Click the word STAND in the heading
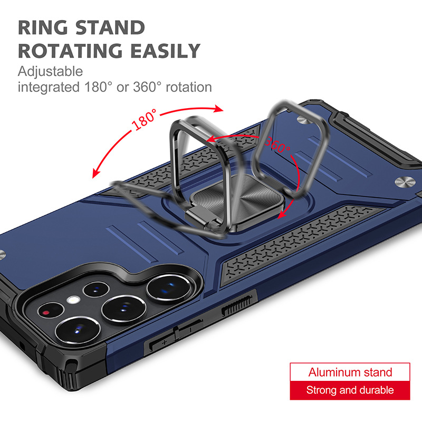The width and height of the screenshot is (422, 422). pyautogui.click(x=110, y=27)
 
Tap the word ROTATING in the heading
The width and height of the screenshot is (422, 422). pyautogui.click(x=70, y=51)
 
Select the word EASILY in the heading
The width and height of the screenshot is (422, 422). pyautogui.click(x=165, y=51)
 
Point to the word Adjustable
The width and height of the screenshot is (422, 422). pyautogui.click(x=50, y=72)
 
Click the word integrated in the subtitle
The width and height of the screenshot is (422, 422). pyautogui.click(x=49, y=87)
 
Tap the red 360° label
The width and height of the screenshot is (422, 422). pyautogui.click(x=277, y=146)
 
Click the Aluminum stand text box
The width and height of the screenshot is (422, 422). pyautogui.click(x=350, y=372)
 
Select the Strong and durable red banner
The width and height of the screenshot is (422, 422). pyautogui.click(x=350, y=390)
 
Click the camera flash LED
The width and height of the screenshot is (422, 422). pyautogui.click(x=73, y=300)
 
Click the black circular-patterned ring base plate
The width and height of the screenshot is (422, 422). pyautogui.click(x=237, y=200)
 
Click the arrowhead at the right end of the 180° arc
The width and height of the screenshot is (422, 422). pyautogui.click(x=219, y=109)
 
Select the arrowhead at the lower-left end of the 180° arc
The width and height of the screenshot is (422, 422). pyautogui.click(x=95, y=174)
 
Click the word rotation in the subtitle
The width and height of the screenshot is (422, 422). pyautogui.click(x=189, y=87)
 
